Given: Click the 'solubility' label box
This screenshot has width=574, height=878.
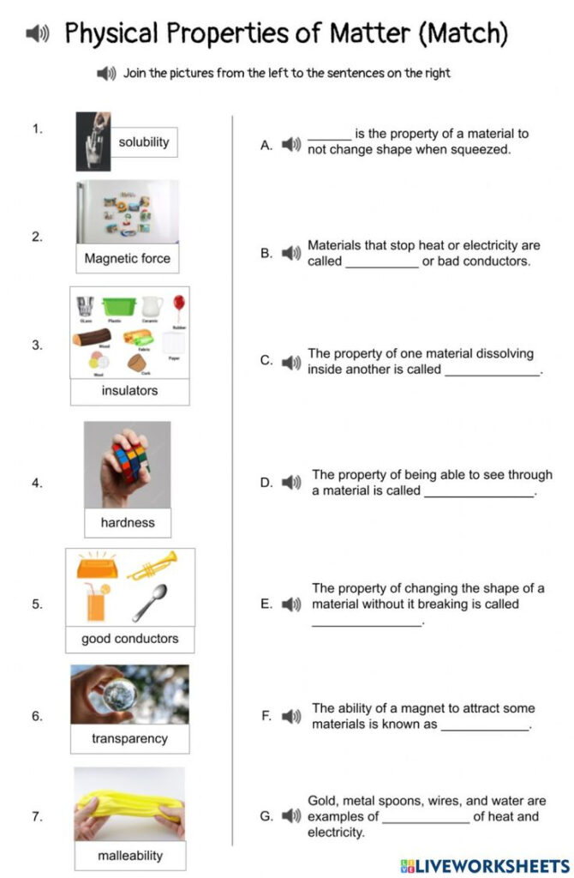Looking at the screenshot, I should (x=144, y=142).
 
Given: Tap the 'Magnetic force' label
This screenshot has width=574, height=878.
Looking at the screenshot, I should (x=127, y=258).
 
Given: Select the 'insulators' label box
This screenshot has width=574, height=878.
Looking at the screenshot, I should (x=129, y=391).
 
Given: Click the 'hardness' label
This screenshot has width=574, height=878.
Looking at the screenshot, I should (x=128, y=522).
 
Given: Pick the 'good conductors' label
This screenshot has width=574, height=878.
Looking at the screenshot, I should (x=129, y=639).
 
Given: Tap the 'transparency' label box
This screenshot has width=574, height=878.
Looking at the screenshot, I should (x=129, y=738).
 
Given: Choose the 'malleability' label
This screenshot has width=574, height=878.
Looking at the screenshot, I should (x=129, y=855).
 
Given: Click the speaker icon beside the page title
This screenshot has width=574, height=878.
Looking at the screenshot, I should (x=37, y=34).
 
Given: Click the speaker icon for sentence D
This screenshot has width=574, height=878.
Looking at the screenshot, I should (x=291, y=483).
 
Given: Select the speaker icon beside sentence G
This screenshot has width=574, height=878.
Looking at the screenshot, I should (x=291, y=816).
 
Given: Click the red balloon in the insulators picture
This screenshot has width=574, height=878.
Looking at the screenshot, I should (x=178, y=304).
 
